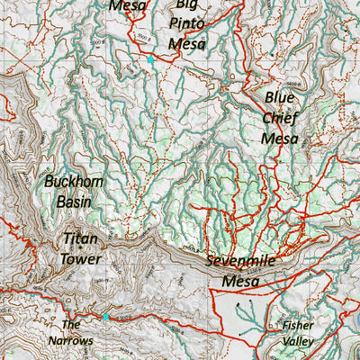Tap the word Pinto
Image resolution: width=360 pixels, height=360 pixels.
click(187, 23)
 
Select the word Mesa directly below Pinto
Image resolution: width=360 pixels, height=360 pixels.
click(187, 43)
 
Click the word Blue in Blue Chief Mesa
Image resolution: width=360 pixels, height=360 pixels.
click(280, 97)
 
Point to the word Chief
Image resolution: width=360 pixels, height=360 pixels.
click(280, 117)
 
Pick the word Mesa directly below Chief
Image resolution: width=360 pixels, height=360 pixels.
click(280, 138)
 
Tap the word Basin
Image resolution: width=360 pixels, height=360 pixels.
click(74, 202)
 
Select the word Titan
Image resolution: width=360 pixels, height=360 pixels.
click(80, 239)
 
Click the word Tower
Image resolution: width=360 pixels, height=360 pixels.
click(80, 260)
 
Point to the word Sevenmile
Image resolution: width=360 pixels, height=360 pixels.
click(241, 261)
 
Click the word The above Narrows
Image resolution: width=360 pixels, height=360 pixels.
click(71, 324)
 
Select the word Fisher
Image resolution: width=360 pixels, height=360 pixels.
click(297, 325)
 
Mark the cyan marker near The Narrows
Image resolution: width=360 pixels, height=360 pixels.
click(105, 317)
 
